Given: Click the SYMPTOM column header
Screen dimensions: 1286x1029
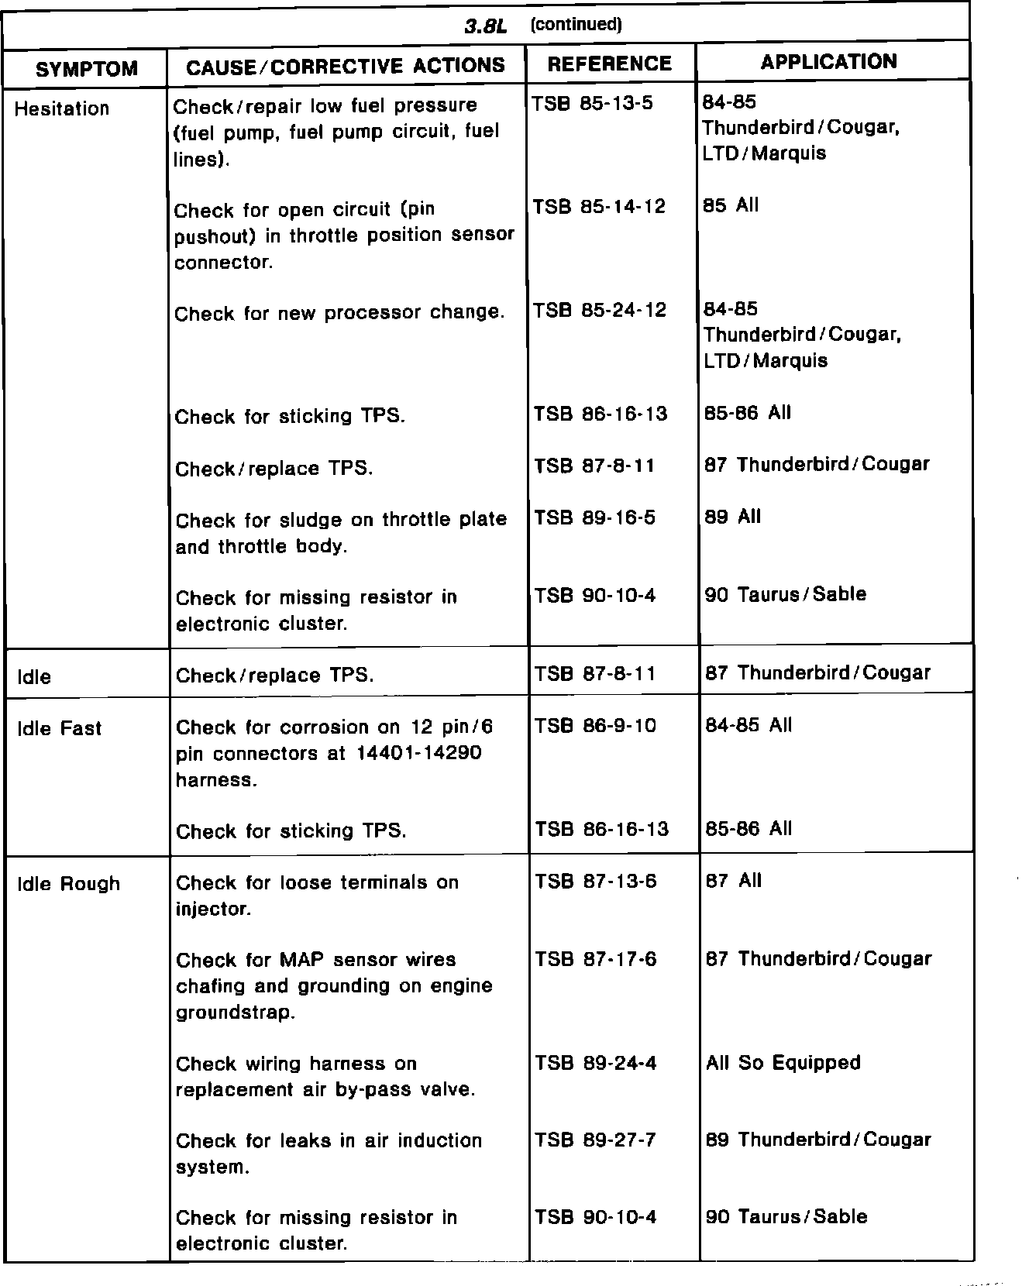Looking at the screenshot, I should pos(87,69).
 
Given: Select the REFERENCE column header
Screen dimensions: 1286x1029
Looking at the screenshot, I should pos(609,64).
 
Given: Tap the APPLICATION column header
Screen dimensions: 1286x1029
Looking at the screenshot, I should pos(828,62).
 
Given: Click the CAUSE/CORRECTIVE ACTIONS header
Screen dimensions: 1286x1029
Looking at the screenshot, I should pos(346,67).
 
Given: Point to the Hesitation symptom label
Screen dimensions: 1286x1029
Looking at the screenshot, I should pos(62,108).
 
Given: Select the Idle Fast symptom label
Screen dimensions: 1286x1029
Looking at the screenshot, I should pos(60,728).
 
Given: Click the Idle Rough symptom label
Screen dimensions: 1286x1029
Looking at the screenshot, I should pos(69,884).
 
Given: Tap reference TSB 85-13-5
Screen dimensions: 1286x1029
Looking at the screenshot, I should pos(593,103).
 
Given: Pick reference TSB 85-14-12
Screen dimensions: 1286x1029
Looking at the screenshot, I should pos(599,207).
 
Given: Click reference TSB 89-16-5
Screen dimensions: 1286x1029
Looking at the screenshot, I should pos(594,517).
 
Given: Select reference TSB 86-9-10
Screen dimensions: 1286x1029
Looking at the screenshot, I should pos(595,726).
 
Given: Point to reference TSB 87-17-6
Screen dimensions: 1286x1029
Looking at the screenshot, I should pos(595,959).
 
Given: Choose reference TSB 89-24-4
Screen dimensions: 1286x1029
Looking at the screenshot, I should pos(595,1063).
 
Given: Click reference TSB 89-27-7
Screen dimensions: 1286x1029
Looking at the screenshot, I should pos(595,1140).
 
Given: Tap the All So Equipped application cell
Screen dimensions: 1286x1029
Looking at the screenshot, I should pos(783,1062).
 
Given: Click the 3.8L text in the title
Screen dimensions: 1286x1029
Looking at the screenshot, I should pos(485,26).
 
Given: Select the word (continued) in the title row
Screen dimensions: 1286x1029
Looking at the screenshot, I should pos(576,25).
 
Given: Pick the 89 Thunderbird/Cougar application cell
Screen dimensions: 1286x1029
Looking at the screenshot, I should pos(818,1140).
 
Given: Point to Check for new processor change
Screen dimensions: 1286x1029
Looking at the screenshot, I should pos(339,313).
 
